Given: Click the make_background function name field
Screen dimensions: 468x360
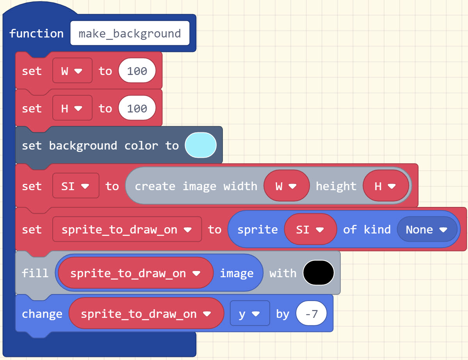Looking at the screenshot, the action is pos(130,34).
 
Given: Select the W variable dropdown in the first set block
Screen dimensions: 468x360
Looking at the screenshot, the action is pos(72,71).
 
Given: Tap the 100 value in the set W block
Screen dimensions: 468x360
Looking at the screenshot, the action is pos(137,71).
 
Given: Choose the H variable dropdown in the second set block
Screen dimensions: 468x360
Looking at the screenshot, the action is pos(72,109).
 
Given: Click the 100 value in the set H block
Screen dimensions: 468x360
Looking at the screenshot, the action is pos(137,109).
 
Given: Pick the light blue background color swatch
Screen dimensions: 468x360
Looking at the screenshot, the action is pos(200,145).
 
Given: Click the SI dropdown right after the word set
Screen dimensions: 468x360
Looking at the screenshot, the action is pos(76,186).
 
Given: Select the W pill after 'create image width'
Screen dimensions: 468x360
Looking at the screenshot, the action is pos(286,186).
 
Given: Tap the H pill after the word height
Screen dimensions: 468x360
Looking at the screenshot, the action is pos(385,186).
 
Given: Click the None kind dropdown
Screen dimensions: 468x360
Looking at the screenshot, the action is pos(426,230).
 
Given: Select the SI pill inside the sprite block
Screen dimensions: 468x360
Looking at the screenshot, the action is pos(310,230).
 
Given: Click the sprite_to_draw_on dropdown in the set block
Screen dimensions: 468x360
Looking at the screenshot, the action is pos(127,230).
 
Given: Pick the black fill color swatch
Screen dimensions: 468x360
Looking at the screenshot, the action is pos(318,273).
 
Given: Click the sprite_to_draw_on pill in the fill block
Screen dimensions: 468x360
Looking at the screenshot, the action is pos(135,273).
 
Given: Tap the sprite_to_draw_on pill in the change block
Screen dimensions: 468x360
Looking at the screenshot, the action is pos(146,314).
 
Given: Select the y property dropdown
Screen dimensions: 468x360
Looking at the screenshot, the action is pos(249,314).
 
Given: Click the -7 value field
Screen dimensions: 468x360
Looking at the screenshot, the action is pos(311,314).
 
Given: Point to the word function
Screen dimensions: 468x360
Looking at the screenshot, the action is pos(36,34).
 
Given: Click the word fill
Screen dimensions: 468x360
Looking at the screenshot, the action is pos(35,273).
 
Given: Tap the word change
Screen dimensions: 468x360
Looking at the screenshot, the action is pos(42,314).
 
